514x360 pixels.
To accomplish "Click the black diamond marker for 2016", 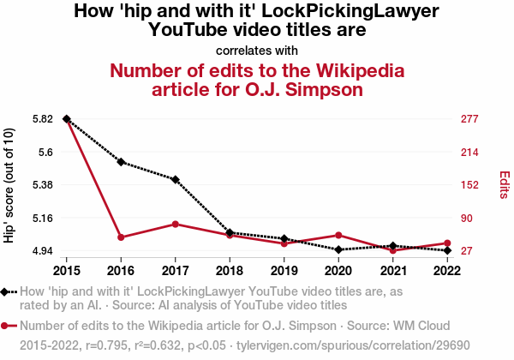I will tap(121, 162).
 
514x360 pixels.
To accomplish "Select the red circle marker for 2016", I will tap(121, 237).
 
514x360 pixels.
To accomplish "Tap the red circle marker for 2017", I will tap(175, 224).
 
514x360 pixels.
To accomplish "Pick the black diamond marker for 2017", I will tap(175, 179).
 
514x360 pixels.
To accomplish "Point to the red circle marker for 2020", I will tap(338, 235).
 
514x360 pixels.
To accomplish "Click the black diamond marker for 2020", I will tap(338, 249).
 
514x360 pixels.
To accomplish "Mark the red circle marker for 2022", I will tap(447, 243).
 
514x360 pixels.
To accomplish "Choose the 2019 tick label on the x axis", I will tap(284, 270).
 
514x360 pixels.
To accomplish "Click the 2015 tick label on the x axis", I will tap(66, 270).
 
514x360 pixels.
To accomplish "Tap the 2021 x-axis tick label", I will tap(392, 270).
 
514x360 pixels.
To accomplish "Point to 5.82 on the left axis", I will tap(40, 119).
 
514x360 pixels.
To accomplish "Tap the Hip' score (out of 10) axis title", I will tap(9, 185).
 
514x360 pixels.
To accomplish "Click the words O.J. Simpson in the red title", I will tap(293, 88).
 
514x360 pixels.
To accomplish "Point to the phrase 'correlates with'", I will tap(257, 49).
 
